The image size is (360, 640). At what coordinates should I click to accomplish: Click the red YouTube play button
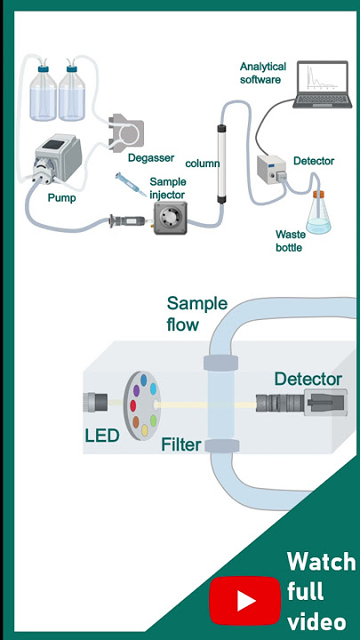pyautogui.click(x=245, y=600)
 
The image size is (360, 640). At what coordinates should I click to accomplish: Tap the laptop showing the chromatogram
pyautogui.click(x=323, y=84)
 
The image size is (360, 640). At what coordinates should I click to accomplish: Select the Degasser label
pyautogui.click(x=151, y=158)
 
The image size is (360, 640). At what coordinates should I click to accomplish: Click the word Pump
pyautogui.click(x=61, y=198)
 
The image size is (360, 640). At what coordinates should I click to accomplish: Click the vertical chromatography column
pyautogui.click(x=221, y=164)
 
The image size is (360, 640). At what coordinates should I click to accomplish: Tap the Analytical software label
pyautogui.click(x=263, y=73)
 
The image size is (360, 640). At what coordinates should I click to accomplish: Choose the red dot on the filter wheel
pyautogui.click(x=133, y=405)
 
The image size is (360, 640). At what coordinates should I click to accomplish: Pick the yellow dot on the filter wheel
pyautogui.click(x=145, y=430)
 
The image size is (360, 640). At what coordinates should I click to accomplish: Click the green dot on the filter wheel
pyautogui.click(x=154, y=420)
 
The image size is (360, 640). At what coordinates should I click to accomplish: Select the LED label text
pyautogui.click(x=102, y=436)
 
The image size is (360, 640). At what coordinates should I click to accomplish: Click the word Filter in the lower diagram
pyautogui.click(x=181, y=444)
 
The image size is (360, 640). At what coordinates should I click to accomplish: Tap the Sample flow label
pyautogui.click(x=196, y=314)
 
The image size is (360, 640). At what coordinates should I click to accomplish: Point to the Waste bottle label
pyautogui.click(x=289, y=241)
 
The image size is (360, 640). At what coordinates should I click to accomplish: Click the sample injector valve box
pyautogui.click(x=170, y=218)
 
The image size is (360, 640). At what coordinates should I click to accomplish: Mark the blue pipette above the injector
pyautogui.click(x=131, y=184)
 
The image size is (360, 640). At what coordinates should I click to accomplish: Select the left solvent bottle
pyautogui.click(x=44, y=93)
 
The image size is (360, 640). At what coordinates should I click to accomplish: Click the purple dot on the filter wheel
pyautogui.click(x=136, y=390)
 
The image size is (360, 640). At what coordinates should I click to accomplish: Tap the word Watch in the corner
pyautogui.click(x=321, y=562)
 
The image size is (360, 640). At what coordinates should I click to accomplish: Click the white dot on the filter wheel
pyautogui.click(x=156, y=404)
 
